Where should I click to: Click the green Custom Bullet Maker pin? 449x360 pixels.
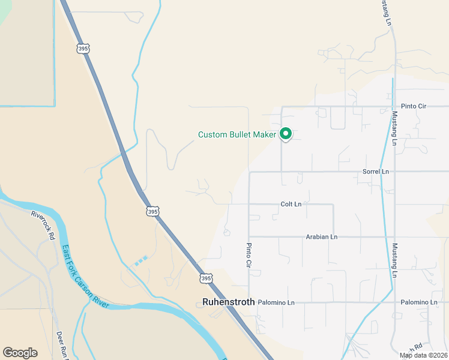click(286, 134)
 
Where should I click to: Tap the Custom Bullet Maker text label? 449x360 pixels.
click(237, 134)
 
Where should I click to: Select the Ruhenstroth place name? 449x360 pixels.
click(229, 302)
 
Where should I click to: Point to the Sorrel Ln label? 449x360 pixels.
click(376, 172)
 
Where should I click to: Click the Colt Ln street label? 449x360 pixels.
click(291, 204)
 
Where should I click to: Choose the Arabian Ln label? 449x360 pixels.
click(321, 236)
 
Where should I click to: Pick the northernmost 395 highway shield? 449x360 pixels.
click(83, 48)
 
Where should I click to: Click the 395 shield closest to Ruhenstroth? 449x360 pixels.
click(206, 278)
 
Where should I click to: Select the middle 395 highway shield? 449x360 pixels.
click(152, 211)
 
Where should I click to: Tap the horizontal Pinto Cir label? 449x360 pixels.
click(414, 106)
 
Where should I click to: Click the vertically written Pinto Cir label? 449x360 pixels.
click(249, 255)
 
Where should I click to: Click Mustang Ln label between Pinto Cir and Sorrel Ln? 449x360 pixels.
click(394, 128)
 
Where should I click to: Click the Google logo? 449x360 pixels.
click(20, 353)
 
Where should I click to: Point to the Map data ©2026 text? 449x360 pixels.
click(423, 355)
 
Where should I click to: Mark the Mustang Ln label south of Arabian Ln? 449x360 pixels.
click(394, 260)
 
